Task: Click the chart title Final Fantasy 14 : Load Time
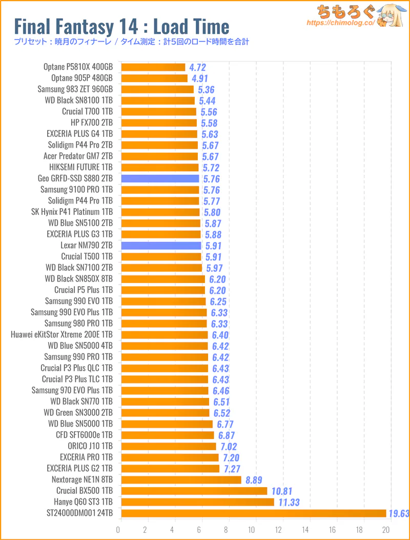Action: click(122, 26)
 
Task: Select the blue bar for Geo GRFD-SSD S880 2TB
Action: click(160, 178)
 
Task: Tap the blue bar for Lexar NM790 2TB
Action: click(161, 246)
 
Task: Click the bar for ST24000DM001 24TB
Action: click(254, 513)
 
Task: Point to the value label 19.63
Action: click(399, 513)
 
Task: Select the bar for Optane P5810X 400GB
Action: click(153, 67)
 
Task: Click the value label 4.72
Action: click(198, 67)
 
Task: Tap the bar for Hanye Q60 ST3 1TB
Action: click(198, 502)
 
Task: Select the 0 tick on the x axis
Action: click(119, 530)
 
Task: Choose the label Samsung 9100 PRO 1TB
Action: click(76, 190)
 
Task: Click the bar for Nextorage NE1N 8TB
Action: click(181, 480)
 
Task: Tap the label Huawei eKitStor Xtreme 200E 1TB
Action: click(61, 335)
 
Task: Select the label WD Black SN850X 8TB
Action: click(79, 279)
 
